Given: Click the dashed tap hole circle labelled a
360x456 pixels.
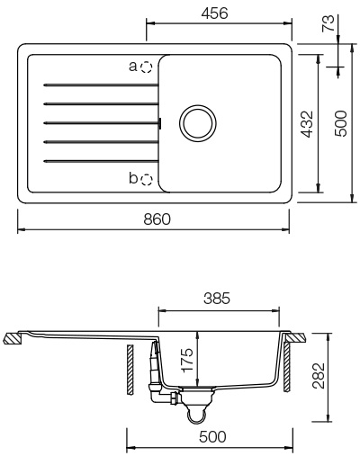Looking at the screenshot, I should click(x=147, y=67).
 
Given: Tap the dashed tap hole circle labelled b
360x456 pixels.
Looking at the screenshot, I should click(x=147, y=179).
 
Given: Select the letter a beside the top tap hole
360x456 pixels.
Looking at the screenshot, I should click(x=133, y=67).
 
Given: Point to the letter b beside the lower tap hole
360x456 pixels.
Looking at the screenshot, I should click(x=133, y=179).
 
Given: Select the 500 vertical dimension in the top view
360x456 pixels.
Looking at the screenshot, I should click(x=340, y=121).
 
